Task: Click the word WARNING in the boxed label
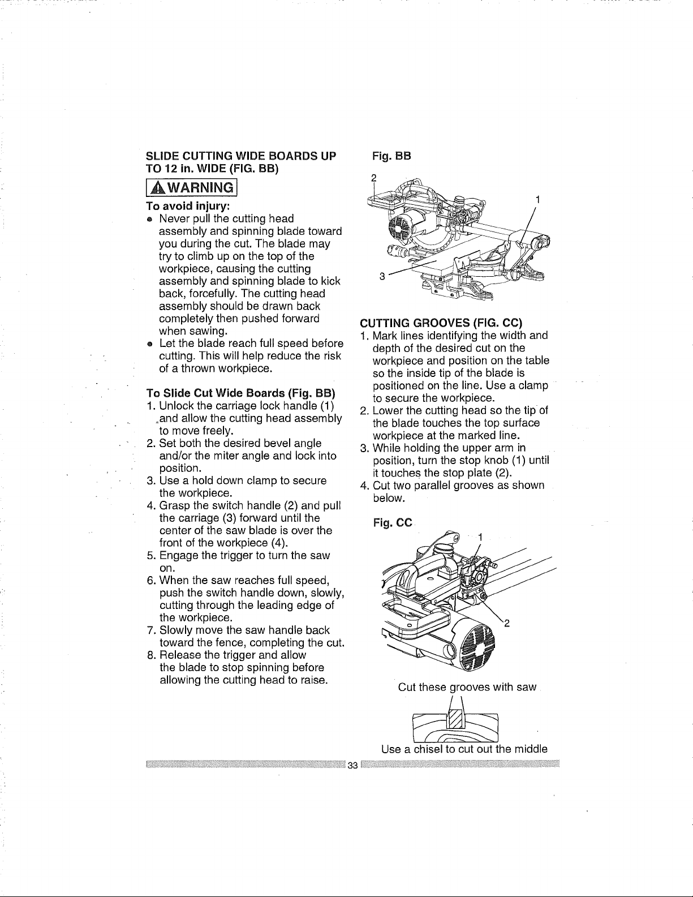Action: click(x=200, y=188)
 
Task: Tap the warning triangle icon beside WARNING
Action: click(x=158, y=188)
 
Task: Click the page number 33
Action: click(x=352, y=765)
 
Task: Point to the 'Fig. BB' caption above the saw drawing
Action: click(x=391, y=156)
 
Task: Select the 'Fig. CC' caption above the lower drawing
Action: click(x=393, y=523)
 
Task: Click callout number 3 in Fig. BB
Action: click(x=382, y=277)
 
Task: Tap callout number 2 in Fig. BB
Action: click(x=374, y=178)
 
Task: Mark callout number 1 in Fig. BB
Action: click(x=537, y=200)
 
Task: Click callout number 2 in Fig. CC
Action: click(x=507, y=624)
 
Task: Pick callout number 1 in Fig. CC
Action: click(x=480, y=537)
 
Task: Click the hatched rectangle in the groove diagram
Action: click(x=456, y=719)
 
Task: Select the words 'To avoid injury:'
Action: click(x=188, y=205)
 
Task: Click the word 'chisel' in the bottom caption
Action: click(x=428, y=749)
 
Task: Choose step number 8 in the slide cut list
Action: click(x=150, y=655)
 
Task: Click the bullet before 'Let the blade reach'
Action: click(x=150, y=344)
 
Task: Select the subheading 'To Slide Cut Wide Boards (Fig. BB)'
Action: click(x=241, y=392)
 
